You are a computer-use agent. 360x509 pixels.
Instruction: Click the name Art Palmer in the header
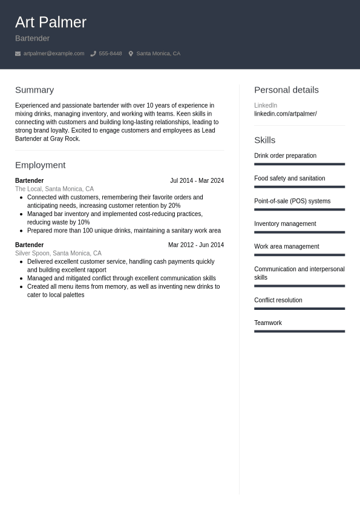[x=51, y=22]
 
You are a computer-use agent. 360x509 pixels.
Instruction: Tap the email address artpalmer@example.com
[x=54, y=53]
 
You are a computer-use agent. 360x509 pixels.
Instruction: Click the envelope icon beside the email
[x=18, y=53]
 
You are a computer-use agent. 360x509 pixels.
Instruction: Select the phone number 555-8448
[x=110, y=53]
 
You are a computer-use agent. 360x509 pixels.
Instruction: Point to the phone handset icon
[x=93, y=53]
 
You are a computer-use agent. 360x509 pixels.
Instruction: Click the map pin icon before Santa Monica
[x=131, y=53]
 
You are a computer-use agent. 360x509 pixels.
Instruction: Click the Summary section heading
[x=34, y=90]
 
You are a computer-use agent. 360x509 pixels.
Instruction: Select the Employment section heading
[x=40, y=165]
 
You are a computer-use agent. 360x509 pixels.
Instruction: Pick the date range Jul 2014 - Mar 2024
[x=197, y=180]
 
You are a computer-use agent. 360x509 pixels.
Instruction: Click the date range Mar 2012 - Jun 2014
[x=195, y=245]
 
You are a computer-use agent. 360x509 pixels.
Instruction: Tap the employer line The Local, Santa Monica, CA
[x=54, y=189]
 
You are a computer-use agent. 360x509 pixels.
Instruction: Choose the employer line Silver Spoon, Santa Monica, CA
[x=58, y=253]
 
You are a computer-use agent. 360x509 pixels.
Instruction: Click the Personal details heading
[x=286, y=90]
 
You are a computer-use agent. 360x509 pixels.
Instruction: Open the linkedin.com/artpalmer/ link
[x=285, y=114]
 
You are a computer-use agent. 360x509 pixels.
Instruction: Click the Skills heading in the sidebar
[x=264, y=140]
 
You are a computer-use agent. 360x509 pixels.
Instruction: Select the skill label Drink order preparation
[x=285, y=156]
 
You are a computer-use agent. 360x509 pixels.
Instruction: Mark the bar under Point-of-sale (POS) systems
[x=299, y=209]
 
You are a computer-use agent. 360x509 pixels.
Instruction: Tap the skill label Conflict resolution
[x=278, y=300]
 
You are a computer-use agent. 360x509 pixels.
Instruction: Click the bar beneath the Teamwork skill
[x=299, y=331]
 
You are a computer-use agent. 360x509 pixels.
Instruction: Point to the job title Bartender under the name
[x=32, y=38]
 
